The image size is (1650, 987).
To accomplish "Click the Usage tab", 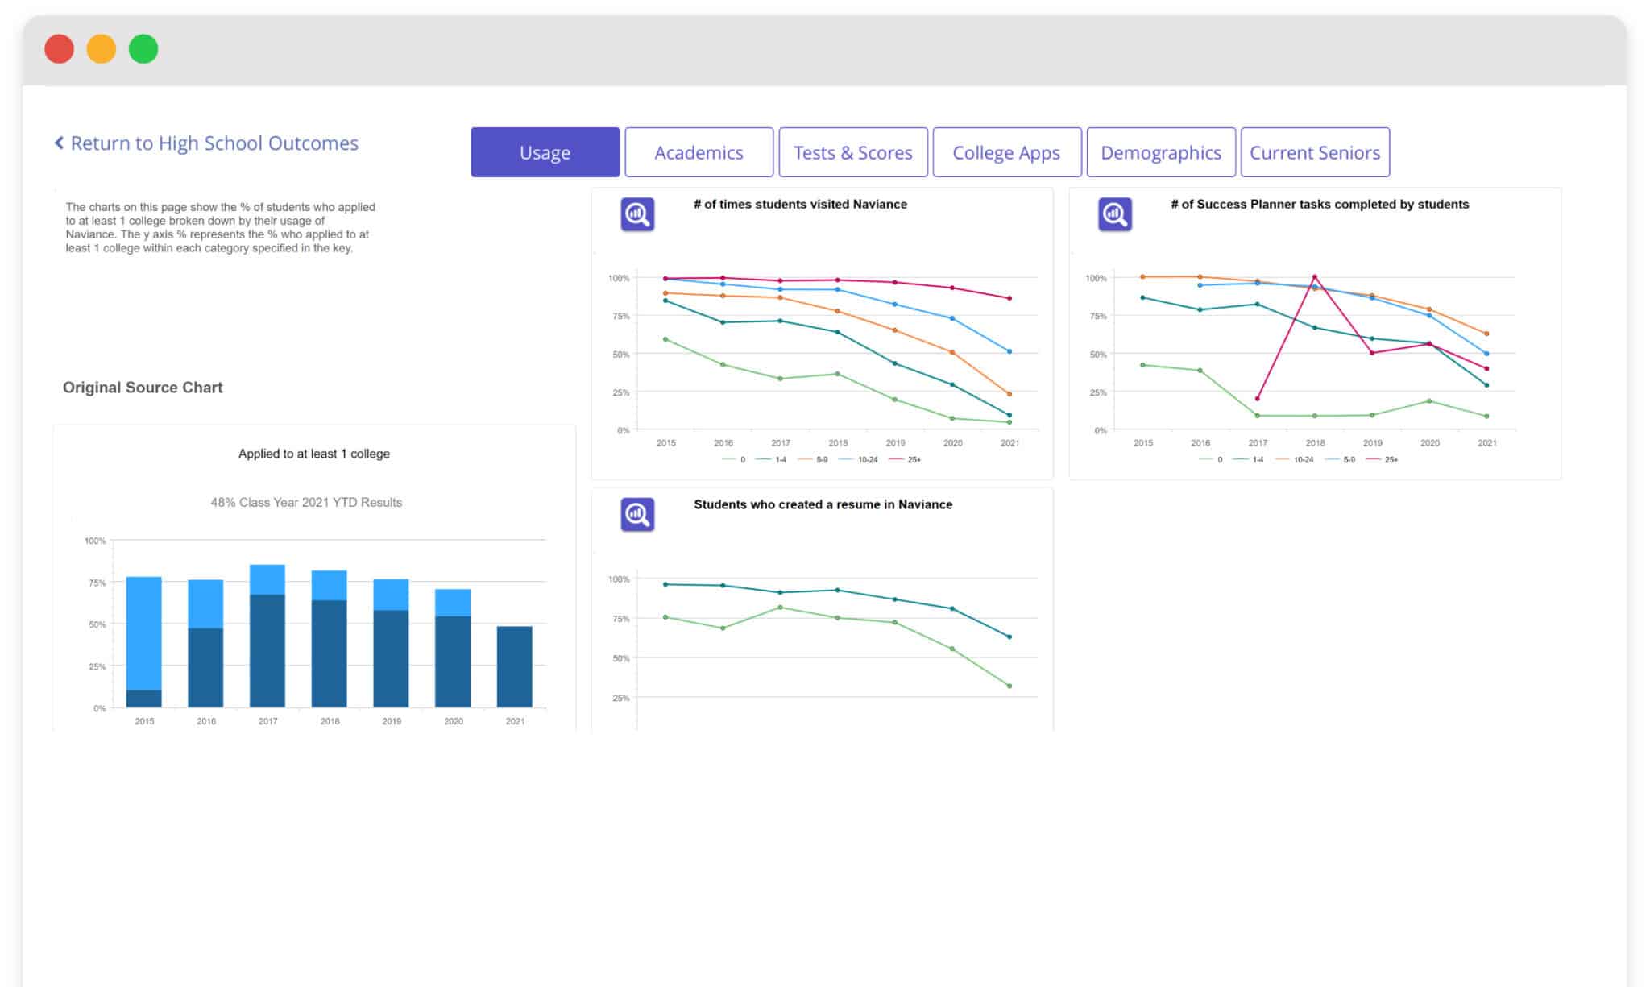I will [x=545, y=152].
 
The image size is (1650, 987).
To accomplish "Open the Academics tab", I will [x=699, y=152].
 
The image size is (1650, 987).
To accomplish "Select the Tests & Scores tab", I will [x=852, y=152].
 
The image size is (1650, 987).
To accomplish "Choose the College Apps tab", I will [x=1006, y=152].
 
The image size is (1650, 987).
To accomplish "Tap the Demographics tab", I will [x=1160, y=152].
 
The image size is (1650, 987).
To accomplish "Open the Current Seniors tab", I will [x=1314, y=152].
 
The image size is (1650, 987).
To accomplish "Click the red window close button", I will [x=59, y=49].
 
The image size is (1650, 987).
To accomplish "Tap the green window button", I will [x=143, y=49].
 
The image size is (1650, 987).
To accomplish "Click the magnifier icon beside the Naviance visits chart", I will [x=637, y=214].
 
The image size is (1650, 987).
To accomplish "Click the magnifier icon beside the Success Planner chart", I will [x=1115, y=214].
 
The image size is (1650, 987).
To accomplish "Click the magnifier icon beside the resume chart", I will [x=637, y=514].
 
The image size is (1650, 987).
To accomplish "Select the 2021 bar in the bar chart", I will [x=514, y=666].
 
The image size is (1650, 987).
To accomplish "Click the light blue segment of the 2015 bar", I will [x=143, y=632].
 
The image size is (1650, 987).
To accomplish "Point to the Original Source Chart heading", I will [x=143, y=388].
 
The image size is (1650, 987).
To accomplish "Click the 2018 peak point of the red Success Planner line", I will [x=1315, y=277].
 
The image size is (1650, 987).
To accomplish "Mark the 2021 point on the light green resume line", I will [x=1009, y=686].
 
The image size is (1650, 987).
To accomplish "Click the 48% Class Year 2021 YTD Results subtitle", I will [x=306, y=502].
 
